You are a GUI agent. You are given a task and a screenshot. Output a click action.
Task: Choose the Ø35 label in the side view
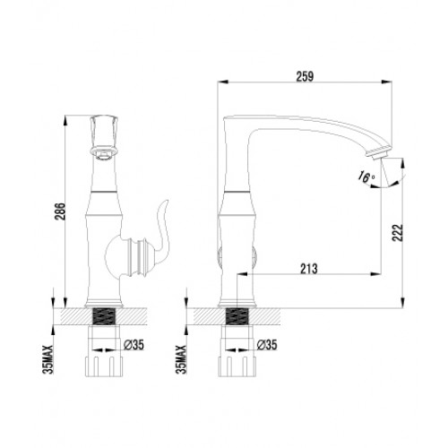pos(265,344)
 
